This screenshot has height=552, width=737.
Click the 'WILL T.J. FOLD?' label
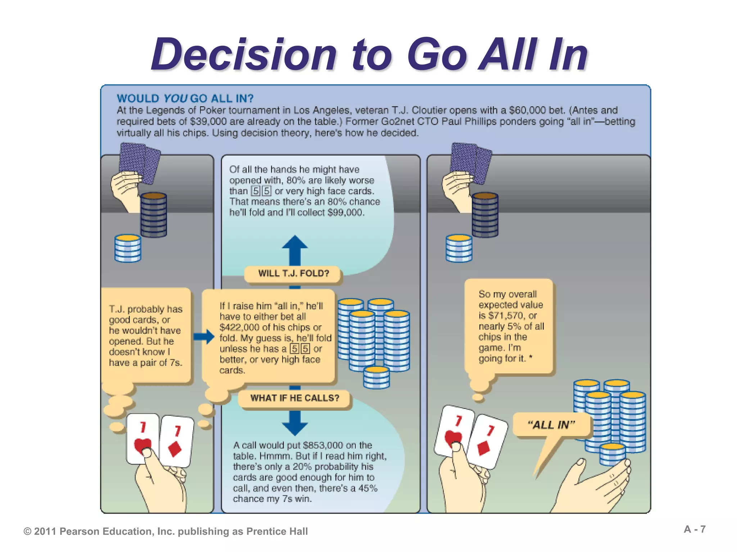tap(293, 273)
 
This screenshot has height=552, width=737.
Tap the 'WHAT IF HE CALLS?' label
tap(295, 398)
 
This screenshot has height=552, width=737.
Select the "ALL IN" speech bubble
tap(551, 425)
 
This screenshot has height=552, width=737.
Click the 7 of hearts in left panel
tap(143, 438)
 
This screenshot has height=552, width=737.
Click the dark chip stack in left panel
tap(154, 215)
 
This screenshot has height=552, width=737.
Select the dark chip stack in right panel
tap(485, 215)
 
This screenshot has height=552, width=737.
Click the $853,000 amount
tap(323, 445)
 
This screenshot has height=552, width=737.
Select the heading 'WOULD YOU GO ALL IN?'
tap(185, 98)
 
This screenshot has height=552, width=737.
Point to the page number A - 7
tap(695, 529)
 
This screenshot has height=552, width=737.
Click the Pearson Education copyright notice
tap(166, 532)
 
